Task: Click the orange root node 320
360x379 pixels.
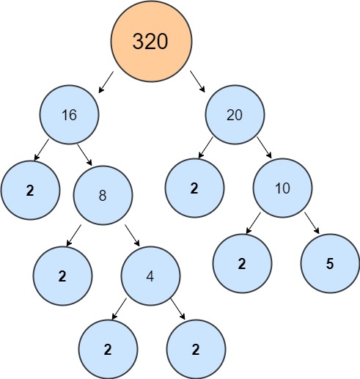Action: [151, 41]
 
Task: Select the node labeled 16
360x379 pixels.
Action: [70, 116]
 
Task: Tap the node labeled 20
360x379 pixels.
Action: [235, 116]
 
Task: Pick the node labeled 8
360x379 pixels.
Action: [103, 196]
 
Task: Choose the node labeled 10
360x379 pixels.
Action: [282, 188]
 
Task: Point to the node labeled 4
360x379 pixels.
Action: [151, 277]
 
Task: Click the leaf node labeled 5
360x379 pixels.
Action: [330, 264]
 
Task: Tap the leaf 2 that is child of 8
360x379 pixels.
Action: [63, 276]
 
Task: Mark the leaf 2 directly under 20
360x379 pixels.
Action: [194, 188]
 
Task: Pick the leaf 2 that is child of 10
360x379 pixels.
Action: [242, 264]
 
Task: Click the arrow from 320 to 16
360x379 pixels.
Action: [106, 82]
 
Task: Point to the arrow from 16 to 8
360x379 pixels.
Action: [85, 156]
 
